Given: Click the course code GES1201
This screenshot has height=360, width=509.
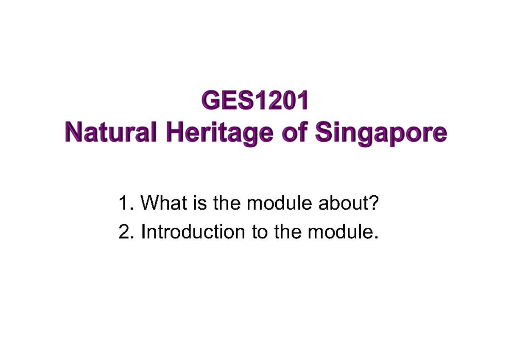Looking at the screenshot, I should [x=255, y=101].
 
